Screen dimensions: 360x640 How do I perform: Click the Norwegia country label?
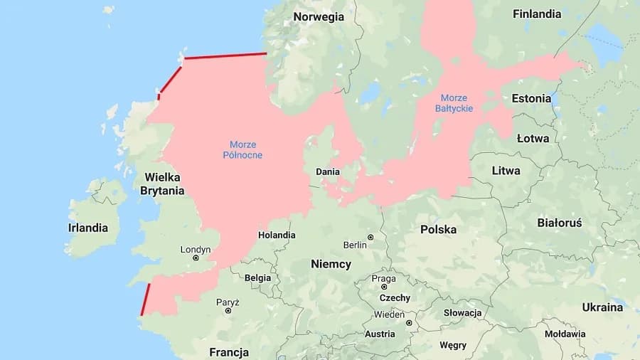[x=319, y=17]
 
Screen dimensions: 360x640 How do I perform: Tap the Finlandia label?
[x=537, y=14]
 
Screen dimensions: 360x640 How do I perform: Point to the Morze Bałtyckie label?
[x=454, y=103]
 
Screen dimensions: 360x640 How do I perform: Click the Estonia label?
[x=531, y=98]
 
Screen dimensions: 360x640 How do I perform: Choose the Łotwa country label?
[x=533, y=138]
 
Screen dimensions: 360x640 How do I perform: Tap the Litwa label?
[x=506, y=171]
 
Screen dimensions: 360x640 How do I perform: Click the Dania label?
[x=328, y=171]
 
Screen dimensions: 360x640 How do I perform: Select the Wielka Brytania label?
[x=162, y=184]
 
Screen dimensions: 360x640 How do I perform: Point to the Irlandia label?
[x=88, y=228]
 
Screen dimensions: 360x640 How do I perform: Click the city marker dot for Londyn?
[x=196, y=258]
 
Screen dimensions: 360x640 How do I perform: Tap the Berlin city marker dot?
[x=370, y=237]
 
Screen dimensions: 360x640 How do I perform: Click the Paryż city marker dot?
[x=228, y=310]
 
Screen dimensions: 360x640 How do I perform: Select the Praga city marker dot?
[x=384, y=287]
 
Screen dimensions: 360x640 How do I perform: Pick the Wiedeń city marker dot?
[x=409, y=322]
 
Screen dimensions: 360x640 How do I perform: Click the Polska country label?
[x=438, y=229]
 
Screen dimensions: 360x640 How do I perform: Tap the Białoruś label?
[x=560, y=223]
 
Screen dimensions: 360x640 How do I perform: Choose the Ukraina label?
[x=602, y=307]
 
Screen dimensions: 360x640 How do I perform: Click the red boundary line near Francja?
[x=146, y=299]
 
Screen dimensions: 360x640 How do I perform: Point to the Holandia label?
[x=277, y=235]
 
